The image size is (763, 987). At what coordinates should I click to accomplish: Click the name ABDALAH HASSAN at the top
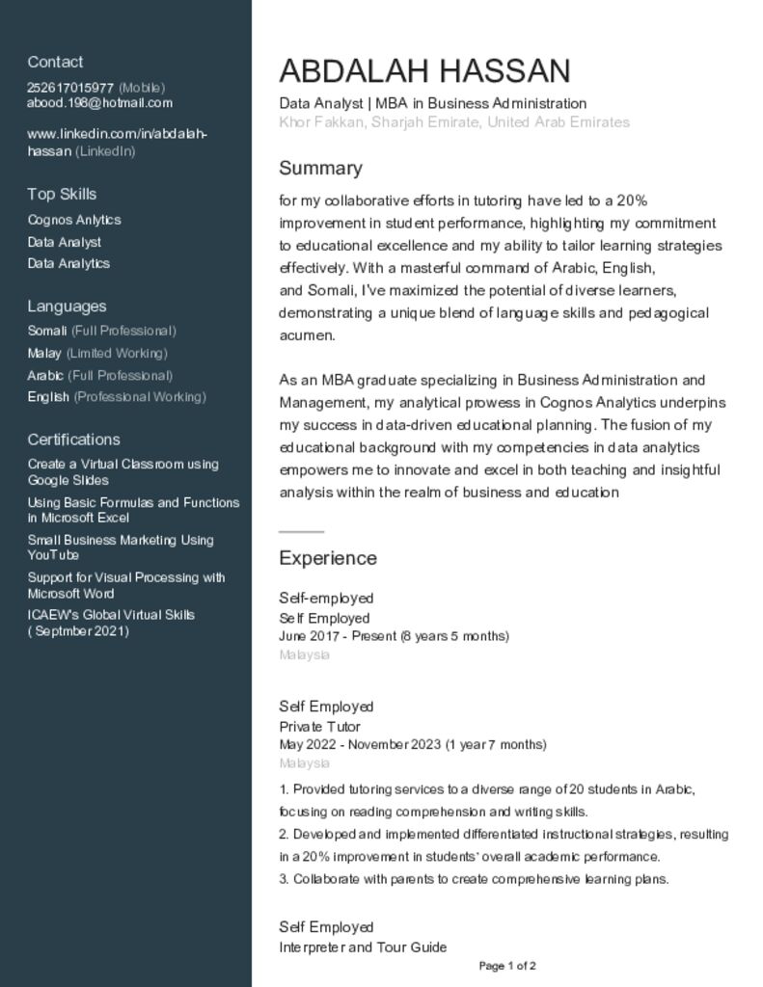(424, 71)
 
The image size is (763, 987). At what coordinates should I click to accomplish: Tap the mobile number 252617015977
(70, 88)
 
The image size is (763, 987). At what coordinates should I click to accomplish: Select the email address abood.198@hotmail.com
(99, 103)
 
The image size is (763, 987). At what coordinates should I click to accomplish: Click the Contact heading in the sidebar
(55, 62)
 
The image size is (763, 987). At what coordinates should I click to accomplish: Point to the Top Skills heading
(62, 194)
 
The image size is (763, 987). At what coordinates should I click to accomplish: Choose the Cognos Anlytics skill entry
(74, 220)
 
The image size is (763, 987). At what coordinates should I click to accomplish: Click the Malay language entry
(44, 353)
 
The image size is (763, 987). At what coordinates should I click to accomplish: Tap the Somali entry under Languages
(47, 331)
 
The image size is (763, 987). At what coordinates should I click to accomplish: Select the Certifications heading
(73, 440)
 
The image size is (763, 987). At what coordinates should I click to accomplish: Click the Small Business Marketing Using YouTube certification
(121, 547)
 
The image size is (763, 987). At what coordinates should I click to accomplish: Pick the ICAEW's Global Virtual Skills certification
(111, 623)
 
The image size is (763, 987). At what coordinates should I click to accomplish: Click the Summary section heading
(320, 169)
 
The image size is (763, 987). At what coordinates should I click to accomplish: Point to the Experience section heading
(328, 558)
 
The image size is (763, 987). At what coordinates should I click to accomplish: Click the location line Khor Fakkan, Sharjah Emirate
(453, 122)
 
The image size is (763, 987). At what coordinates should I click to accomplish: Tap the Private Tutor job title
(319, 727)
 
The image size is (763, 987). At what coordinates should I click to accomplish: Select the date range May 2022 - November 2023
(412, 744)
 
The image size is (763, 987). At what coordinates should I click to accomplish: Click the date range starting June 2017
(394, 636)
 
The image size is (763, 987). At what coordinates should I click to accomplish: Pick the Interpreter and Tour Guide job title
(363, 947)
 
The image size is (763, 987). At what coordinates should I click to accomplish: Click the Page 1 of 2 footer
(507, 966)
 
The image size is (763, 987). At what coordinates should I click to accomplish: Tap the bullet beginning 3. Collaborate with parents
(474, 879)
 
